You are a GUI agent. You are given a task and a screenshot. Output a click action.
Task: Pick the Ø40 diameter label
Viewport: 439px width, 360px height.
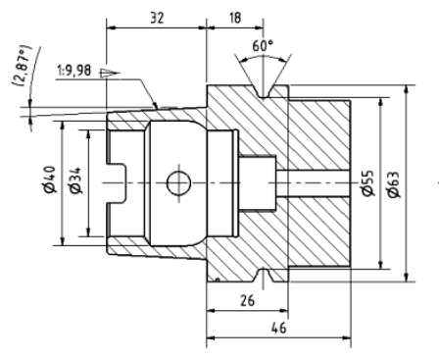49,182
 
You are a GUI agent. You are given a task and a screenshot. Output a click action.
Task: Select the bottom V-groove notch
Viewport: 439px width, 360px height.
260,272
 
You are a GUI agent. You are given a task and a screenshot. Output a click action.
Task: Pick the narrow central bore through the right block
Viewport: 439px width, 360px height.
314,182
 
